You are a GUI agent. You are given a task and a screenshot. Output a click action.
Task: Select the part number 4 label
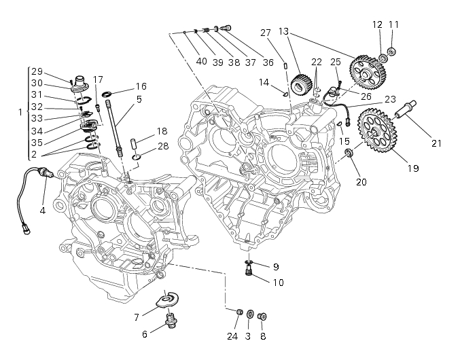[x=42, y=211]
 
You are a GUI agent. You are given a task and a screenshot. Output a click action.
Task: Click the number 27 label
[x=266, y=32]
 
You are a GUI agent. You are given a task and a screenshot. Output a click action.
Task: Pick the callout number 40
[x=201, y=60]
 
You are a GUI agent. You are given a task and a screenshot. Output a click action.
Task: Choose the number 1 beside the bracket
[x=20, y=111]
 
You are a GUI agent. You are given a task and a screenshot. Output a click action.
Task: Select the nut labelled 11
[x=392, y=51]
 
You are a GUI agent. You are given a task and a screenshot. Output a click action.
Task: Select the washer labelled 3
[x=250, y=314]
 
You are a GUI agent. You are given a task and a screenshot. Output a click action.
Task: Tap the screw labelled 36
[x=226, y=27]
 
